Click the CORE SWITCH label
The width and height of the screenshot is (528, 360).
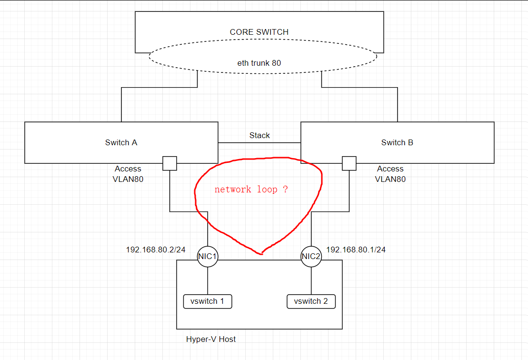coord(259,32)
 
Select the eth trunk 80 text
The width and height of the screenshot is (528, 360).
coord(259,63)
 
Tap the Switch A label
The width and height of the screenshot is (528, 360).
coord(121,142)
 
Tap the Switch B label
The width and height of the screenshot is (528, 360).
coord(397,142)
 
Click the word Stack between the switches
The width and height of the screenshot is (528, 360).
coord(259,136)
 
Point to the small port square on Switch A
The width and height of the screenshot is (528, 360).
coord(169,163)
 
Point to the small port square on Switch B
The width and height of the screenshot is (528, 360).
coord(349,163)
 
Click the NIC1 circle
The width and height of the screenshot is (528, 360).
coord(208,257)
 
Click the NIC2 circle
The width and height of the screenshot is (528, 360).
coord(311,257)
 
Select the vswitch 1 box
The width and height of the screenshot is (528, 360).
coord(208,301)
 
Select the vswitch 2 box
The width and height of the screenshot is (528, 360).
coord(311,301)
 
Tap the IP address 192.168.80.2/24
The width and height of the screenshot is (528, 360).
coord(156,250)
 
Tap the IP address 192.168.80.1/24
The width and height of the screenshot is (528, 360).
coord(356,250)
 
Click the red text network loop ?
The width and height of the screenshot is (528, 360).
coord(251,190)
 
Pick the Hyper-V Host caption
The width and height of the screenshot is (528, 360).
coord(211,340)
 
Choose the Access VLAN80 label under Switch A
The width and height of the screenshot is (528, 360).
coord(128,174)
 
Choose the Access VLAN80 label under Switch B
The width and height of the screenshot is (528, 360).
coord(390,174)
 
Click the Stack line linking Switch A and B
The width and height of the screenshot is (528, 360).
coord(259,142)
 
